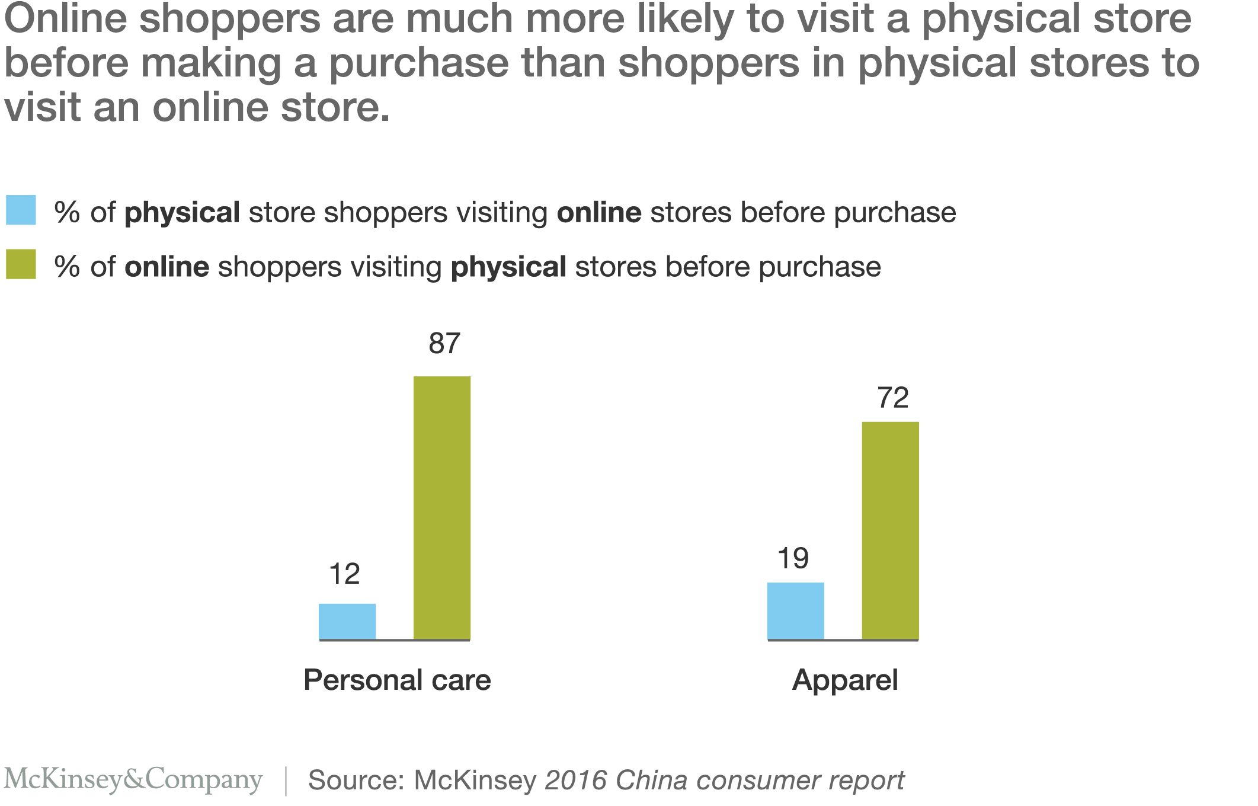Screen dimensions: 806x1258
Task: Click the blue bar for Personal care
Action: (347, 621)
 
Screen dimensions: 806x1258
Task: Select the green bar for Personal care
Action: (442, 507)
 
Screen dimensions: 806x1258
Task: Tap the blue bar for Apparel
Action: (795, 610)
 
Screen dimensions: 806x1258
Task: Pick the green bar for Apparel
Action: (890, 530)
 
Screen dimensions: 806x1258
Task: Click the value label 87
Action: (444, 344)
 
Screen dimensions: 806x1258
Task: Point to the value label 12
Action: (344, 574)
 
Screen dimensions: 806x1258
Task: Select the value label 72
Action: (893, 398)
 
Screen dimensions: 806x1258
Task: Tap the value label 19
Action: (793, 559)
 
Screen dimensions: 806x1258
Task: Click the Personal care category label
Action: (397, 680)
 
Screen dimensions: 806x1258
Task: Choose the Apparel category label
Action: (845, 680)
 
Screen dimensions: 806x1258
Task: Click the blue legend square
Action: (21, 210)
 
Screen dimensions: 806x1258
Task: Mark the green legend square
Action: (21, 264)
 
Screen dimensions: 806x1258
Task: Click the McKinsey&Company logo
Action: (133, 779)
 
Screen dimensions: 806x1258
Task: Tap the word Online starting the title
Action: (65, 19)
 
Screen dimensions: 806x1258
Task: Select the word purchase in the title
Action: (418, 63)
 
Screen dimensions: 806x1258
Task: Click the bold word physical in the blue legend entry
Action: (182, 213)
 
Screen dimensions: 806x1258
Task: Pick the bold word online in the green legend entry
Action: (167, 267)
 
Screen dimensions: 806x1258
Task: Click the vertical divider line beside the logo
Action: (286, 781)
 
